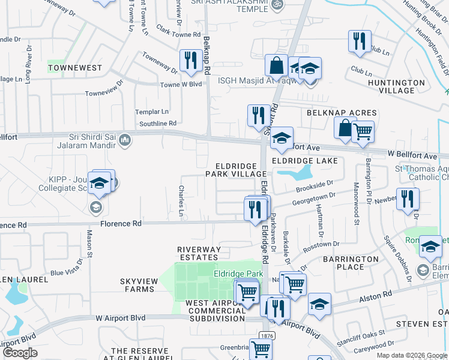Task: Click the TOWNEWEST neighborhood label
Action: click(75, 68)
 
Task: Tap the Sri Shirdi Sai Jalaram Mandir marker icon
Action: click(125, 140)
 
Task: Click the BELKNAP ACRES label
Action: click(342, 113)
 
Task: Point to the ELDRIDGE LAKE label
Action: click(304, 161)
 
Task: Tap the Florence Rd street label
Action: click(121, 223)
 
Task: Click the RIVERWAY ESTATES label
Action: click(199, 253)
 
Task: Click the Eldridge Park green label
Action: click(238, 274)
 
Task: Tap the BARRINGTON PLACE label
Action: click(351, 263)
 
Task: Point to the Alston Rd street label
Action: click(375, 295)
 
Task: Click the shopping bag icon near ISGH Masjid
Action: click(276, 65)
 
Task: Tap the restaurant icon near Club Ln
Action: click(360, 41)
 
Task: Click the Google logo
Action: click(20, 353)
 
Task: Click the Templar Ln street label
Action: click(152, 112)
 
